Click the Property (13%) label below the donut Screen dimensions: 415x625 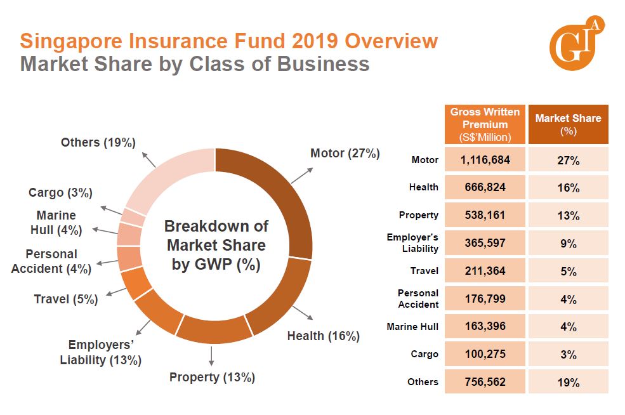(x=212, y=378)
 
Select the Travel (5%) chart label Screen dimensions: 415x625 (x=66, y=299)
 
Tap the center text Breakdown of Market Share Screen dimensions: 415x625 (x=216, y=245)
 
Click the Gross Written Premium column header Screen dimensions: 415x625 (x=485, y=124)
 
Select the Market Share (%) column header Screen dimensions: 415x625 (x=568, y=124)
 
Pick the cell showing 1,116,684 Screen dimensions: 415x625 (x=485, y=160)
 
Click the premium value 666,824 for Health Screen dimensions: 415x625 (x=485, y=187)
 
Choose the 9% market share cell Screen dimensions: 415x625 (x=568, y=244)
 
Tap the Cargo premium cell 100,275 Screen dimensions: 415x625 (x=485, y=353)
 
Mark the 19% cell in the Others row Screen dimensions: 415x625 (x=568, y=382)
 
